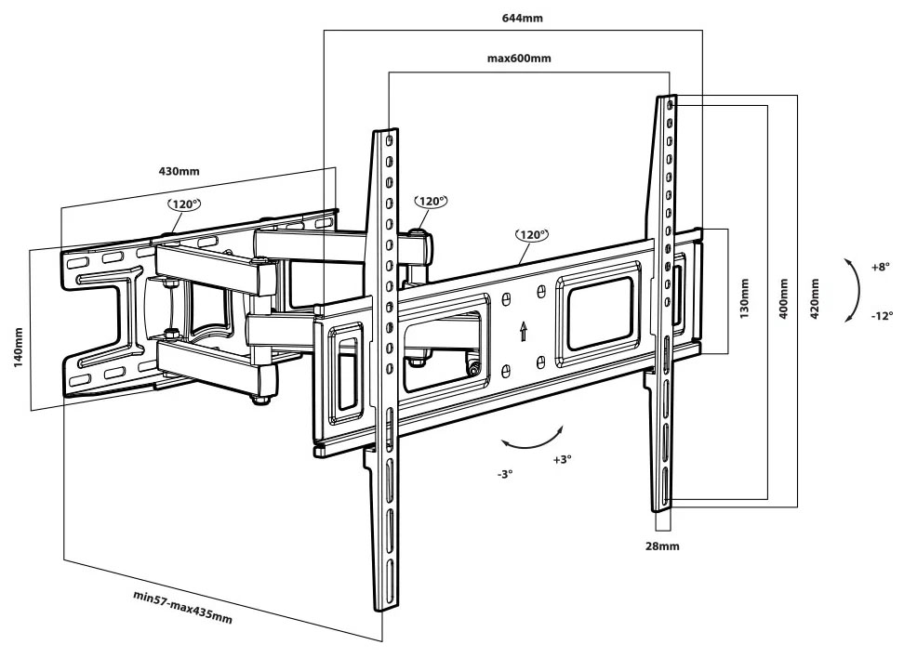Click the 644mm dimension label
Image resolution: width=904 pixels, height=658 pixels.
pos(522,18)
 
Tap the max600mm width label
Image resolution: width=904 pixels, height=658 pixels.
pos(519,59)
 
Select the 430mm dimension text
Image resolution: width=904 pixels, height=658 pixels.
pos(179,171)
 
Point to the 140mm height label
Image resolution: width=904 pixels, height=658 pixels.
pos(18,348)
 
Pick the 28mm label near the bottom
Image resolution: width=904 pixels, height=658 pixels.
pos(662,546)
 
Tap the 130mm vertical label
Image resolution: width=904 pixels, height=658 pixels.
pos(744,298)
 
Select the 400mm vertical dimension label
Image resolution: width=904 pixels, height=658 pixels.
pos(783,299)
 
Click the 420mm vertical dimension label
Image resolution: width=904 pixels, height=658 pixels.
pos(815,299)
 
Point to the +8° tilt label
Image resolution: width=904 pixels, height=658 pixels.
pos(881,268)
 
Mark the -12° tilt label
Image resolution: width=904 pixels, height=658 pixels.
pos(882,316)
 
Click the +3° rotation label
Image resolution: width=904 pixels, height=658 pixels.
pos(562,459)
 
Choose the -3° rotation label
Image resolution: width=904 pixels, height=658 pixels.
pos(504,474)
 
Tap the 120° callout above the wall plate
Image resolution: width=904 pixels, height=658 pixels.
pos(184,204)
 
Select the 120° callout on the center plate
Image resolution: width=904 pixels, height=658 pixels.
pos(532,234)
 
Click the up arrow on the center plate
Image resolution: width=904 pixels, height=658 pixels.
pos(524,331)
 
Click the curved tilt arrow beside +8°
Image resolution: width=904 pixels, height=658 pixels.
pos(857,290)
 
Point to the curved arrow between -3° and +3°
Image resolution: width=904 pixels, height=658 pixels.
pos(533,443)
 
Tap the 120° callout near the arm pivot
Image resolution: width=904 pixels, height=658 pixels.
pos(431,201)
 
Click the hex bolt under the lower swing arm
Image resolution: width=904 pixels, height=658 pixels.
pos(260,399)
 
